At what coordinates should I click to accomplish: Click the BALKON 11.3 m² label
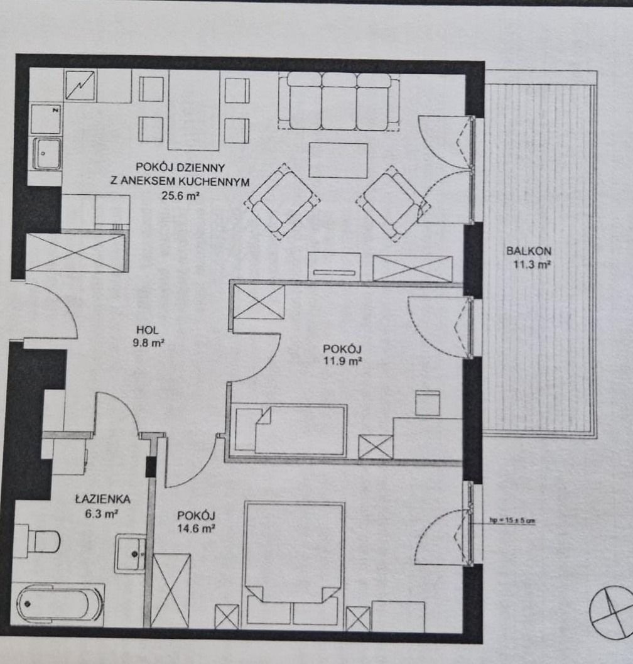(529, 258)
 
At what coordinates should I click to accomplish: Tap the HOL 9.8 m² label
(148, 336)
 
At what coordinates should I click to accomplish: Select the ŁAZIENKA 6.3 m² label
(102, 506)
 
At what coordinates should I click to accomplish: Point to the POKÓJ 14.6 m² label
(196, 521)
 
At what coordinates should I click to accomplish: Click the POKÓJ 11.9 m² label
(342, 355)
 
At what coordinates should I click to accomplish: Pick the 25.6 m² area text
(180, 195)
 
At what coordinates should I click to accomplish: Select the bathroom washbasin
(131, 553)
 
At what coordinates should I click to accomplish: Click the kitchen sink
(46, 153)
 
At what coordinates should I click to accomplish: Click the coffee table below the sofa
(338, 160)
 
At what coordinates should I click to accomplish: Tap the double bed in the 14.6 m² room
(295, 564)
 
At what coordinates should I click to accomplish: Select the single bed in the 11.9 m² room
(291, 430)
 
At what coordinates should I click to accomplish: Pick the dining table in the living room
(194, 110)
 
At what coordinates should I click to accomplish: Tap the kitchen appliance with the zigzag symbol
(80, 85)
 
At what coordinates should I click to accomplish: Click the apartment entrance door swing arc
(63, 301)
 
